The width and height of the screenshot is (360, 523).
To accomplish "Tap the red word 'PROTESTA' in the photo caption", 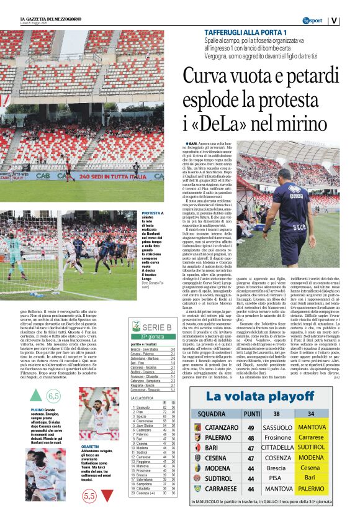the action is [x=152, y=212].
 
